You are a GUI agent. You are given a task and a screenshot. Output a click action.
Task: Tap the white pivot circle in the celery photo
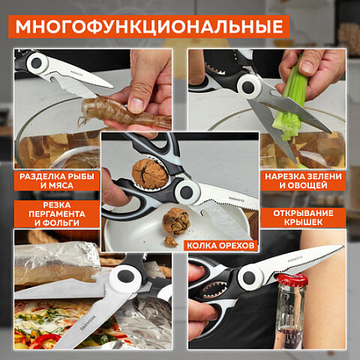tap(248, 86)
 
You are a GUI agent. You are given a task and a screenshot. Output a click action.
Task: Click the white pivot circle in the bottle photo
tap(249, 277)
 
